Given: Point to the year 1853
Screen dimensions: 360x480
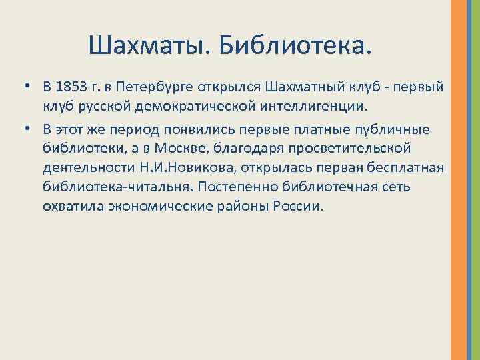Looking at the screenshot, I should (75, 87).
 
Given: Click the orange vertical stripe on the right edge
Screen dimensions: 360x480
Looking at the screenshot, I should (459, 180).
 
